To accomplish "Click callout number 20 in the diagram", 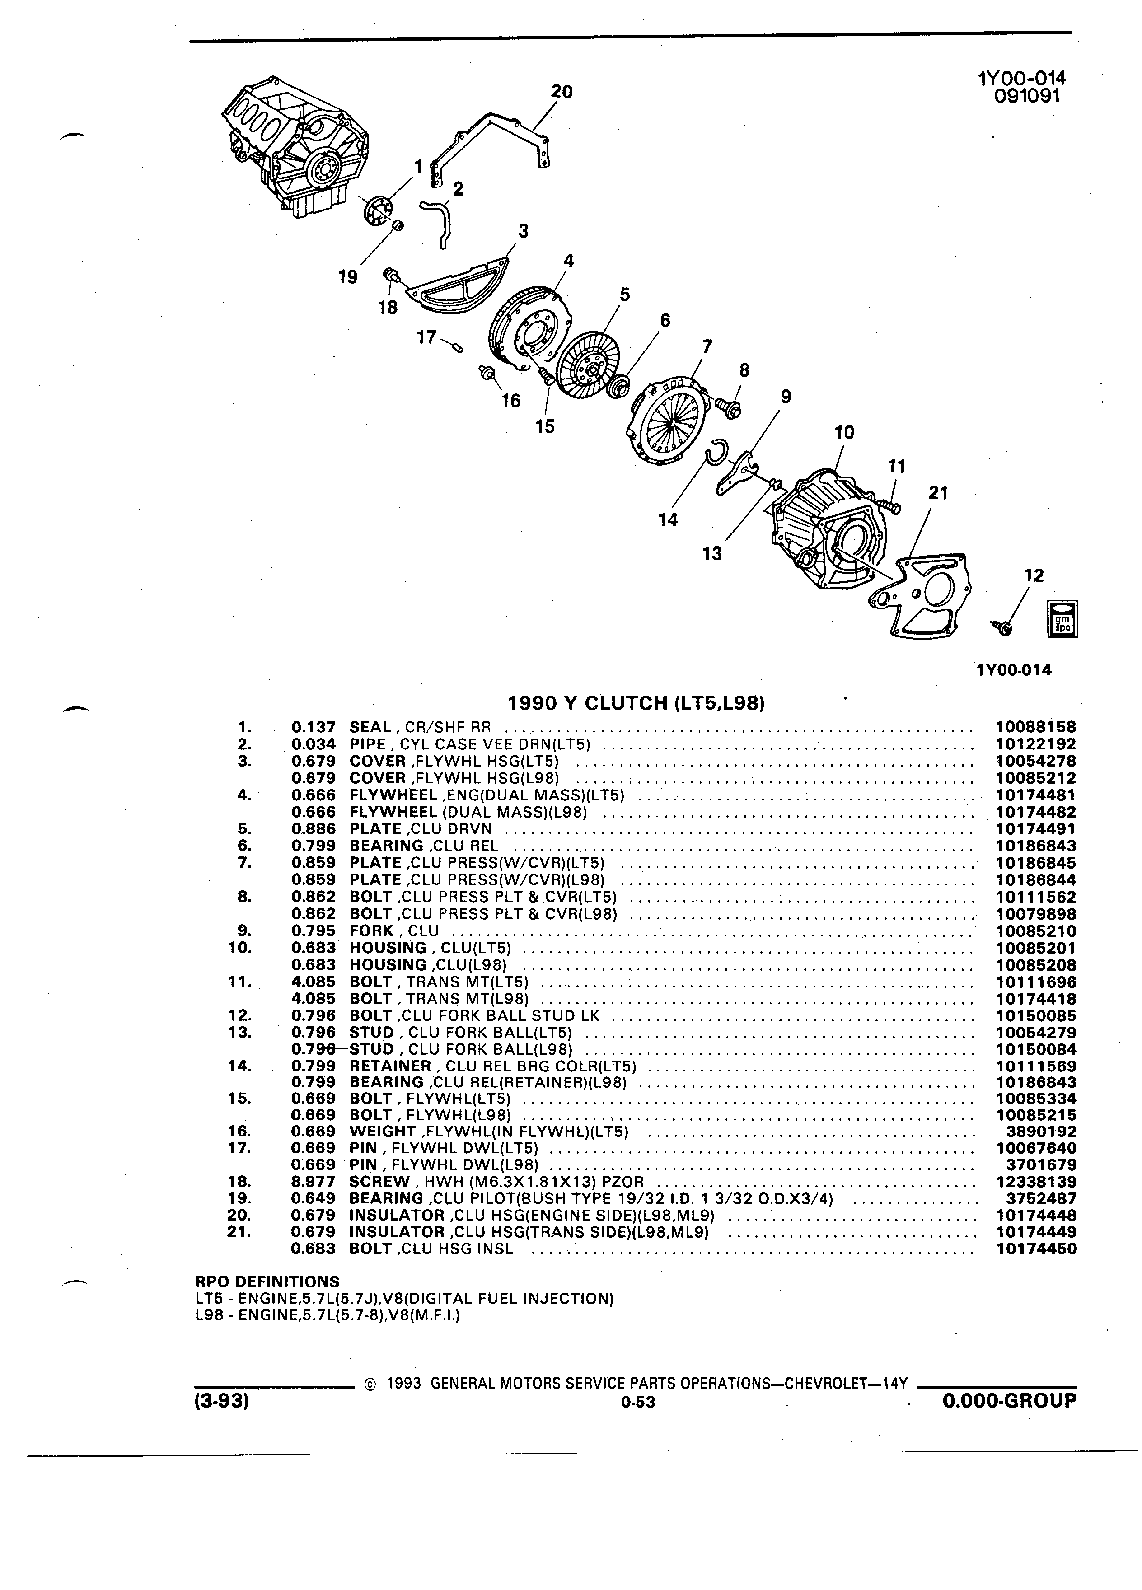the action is pos(562,92).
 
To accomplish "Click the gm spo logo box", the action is pos(1062,618).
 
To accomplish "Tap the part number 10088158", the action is pos(1035,727).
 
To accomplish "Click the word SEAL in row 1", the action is pos(370,727).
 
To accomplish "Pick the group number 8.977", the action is pos(314,1182).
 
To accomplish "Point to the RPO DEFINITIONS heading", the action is pos(267,1281).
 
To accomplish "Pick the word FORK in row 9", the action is pos(371,931).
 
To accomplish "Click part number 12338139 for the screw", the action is pos(1035,1182).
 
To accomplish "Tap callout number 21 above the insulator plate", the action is pos(938,494).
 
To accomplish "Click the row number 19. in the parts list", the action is pos(239,1199).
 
